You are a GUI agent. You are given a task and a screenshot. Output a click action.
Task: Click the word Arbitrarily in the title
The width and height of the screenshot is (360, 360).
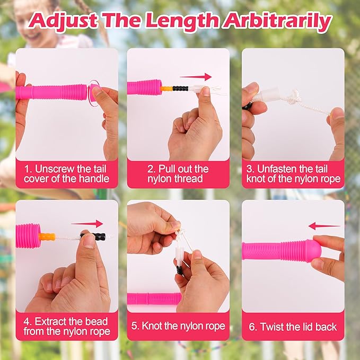[x=278, y=21]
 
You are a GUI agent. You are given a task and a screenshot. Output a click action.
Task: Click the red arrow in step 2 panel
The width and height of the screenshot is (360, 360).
[x=196, y=77]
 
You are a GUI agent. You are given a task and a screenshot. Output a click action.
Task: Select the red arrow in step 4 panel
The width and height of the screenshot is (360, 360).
[x=87, y=223]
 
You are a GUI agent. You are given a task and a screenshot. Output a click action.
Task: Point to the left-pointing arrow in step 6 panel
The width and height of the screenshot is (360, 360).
[x=324, y=226]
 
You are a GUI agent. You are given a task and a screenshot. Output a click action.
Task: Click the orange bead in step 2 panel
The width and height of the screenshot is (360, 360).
[x=166, y=89]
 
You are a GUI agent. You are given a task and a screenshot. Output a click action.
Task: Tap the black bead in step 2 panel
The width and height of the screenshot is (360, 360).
[x=180, y=89]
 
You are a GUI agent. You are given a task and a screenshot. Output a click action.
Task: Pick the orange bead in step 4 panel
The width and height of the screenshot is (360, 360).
[x=47, y=236]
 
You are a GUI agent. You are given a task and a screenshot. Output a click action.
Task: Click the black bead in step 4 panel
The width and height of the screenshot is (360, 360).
[x=93, y=236]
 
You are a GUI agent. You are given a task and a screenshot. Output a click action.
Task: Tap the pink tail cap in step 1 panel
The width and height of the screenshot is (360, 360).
[x=94, y=92]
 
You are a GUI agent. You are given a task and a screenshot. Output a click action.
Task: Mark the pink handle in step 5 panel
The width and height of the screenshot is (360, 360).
[x=154, y=298]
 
